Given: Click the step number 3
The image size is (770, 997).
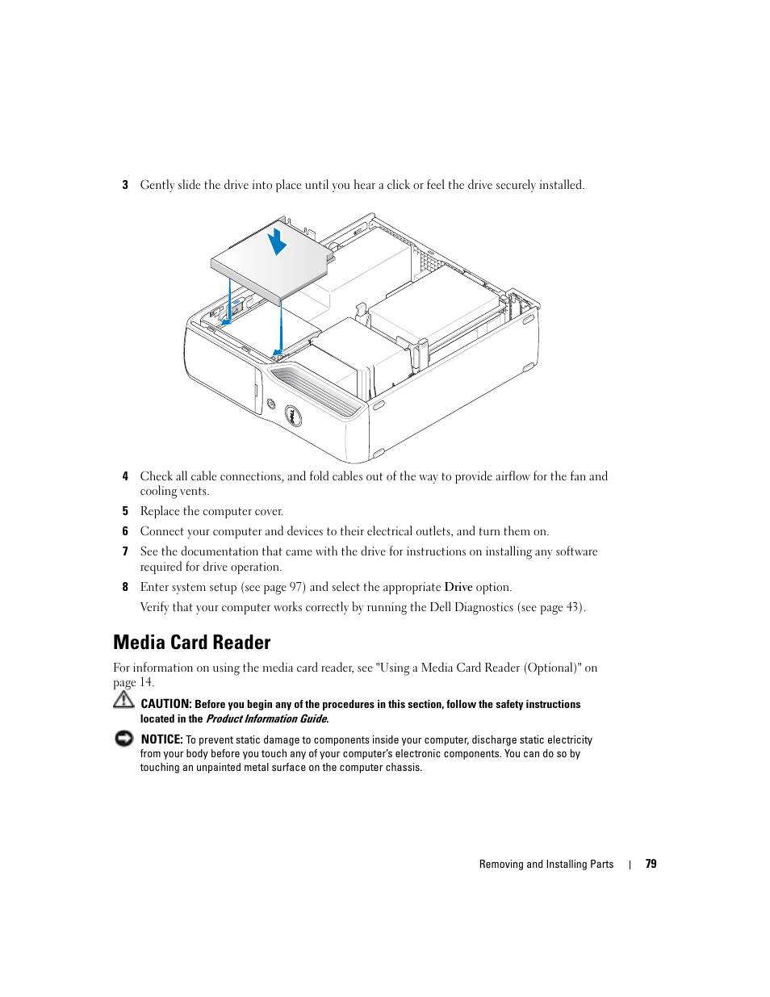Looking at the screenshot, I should tap(125, 185).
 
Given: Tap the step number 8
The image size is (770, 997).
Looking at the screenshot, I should tap(125, 588).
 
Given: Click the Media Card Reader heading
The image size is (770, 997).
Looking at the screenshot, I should tap(192, 643).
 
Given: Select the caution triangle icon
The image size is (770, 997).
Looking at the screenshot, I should tap(123, 700).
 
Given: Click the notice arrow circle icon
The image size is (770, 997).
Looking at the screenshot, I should tap(123, 739).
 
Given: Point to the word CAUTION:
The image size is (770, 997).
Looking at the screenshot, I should tap(165, 704).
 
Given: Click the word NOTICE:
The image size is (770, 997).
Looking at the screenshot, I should tap(161, 739).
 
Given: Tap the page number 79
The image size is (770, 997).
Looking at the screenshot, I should tap(651, 864).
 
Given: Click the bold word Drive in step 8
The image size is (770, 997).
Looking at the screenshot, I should tap(458, 587).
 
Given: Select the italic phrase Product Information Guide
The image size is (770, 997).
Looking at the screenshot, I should tap(266, 718).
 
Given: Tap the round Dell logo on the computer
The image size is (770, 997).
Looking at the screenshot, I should tap(294, 416).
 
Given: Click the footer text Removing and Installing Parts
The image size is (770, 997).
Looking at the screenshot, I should tap(546, 864).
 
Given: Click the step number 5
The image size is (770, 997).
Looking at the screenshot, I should tap(125, 512).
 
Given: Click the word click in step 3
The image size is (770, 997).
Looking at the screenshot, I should tap(398, 185).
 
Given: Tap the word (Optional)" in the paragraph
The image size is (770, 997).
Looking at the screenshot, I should tap(553, 668).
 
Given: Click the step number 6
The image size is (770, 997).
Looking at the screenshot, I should tap(125, 532).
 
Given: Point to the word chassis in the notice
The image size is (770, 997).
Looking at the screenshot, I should tap(404, 767).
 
